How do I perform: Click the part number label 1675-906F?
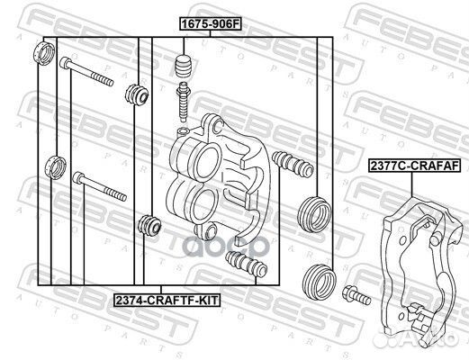tap(211, 24)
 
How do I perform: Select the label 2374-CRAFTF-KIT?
tap(167, 300)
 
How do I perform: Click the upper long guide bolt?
tap(86, 71)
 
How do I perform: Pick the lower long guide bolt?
tap(100, 186)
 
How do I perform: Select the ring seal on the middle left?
tap(55, 167)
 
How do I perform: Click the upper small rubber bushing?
tap(137, 94)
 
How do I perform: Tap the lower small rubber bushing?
tap(149, 225)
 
